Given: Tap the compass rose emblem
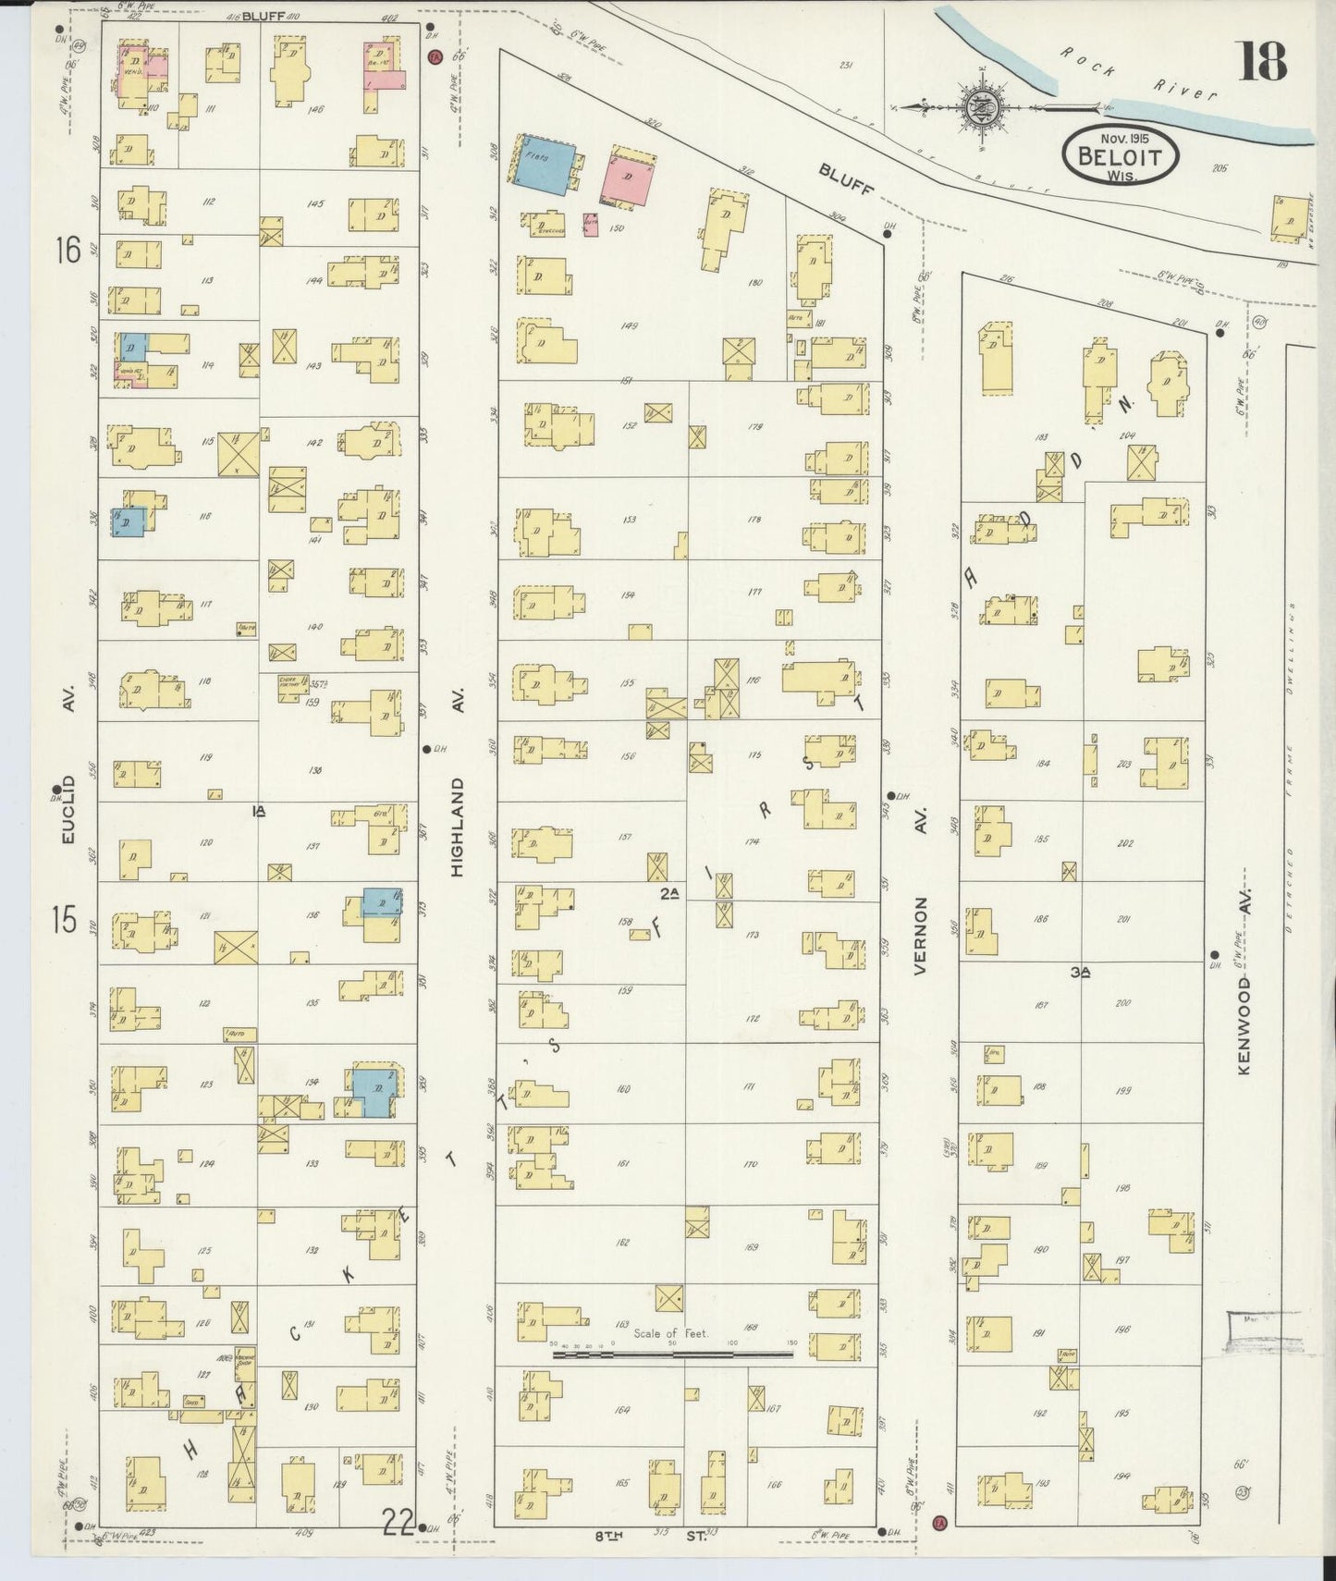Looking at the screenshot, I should pos(978,107).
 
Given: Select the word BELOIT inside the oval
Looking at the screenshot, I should pos(1121,156).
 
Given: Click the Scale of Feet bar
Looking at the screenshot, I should pos(672,1354).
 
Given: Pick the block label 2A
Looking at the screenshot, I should pos(670,893).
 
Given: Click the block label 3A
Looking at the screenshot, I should pos(1081,972).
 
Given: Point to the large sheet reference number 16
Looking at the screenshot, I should pos(67,250).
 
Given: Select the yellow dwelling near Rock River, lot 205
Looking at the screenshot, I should pos(1287,218).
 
